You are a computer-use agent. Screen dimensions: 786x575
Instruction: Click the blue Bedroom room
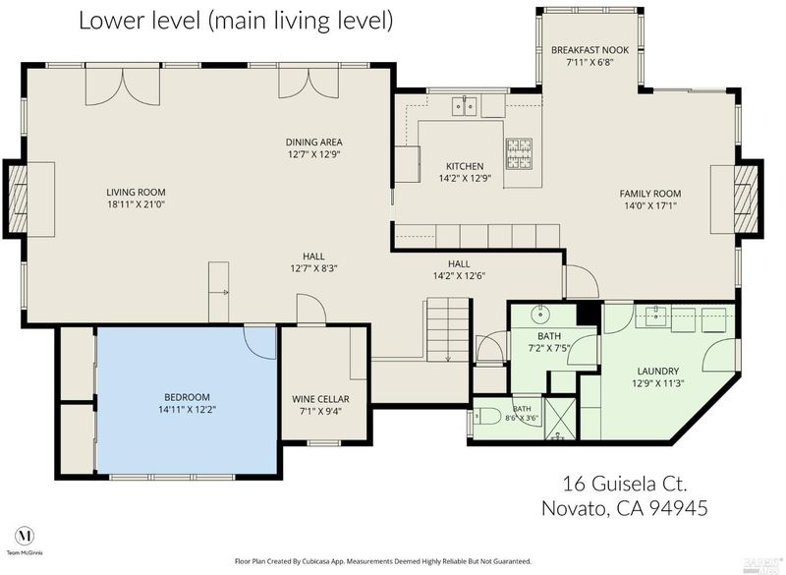[187, 400]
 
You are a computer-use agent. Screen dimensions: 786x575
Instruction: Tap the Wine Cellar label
[321, 399]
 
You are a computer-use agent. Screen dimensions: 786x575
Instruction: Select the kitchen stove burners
[520, 153]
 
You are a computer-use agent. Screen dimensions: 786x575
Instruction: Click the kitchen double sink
[464, 106]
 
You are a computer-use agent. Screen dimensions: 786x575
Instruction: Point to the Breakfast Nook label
[590, 50]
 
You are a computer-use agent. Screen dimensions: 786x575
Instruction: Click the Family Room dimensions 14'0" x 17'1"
[650, 205]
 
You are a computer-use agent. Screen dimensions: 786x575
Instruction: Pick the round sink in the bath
[540, 315]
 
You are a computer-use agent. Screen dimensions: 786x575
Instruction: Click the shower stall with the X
[561, 418]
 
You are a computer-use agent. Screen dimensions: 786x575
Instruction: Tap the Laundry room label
[657, 372]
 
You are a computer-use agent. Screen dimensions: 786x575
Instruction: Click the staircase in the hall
[448, 329]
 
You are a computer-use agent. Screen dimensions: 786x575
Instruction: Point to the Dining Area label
[313, 143]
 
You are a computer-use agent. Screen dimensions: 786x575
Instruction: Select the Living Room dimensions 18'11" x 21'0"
[136, 204]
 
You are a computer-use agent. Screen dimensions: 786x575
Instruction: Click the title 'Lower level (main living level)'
[236, 21]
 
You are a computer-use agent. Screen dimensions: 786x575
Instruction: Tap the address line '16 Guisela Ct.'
[625, 485]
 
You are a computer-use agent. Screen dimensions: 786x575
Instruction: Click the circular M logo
[25, 536]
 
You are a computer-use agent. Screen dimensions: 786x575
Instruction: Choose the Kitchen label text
[465, 166]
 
